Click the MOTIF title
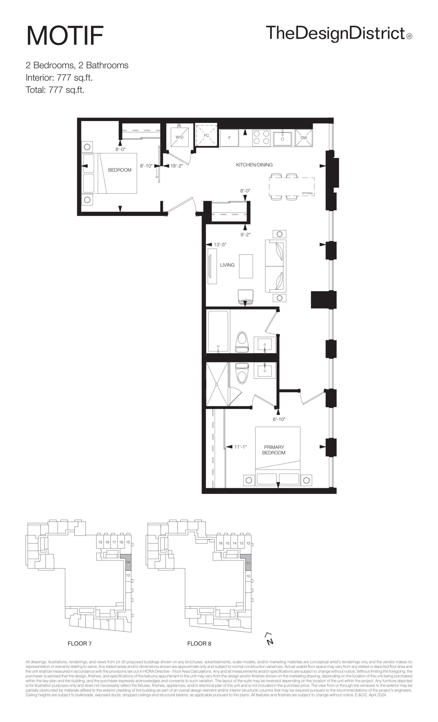pos(65,36)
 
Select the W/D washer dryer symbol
pos(180,137)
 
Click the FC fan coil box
pos(206,135)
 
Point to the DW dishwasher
pos(304,137)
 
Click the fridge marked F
pos(229,137)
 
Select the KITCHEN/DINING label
pos(254,165)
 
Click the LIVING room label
pos(227,265)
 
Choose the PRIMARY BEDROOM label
pos(274,450)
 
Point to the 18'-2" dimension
pos(176,166)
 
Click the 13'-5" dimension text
pos(220,244)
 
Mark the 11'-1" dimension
pos(240,447)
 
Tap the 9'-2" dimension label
pos(245,234)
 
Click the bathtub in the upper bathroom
pos(218,331)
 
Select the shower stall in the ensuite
pos(217,384)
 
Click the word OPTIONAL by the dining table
pos(308,193)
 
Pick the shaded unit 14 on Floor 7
pos(128,562)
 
